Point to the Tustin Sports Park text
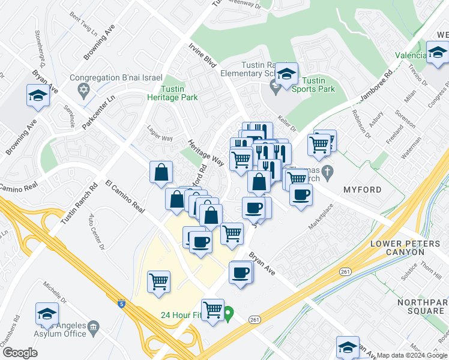(x=318, y=85)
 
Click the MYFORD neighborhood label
(x=362, y=190)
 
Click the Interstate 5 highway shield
(x=122, y=304)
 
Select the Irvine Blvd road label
(x=202, y=53)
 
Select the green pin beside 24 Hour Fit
(x=228, y=313)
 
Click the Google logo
(x=20, y=353)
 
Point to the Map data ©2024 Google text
(x=411, y=355)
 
